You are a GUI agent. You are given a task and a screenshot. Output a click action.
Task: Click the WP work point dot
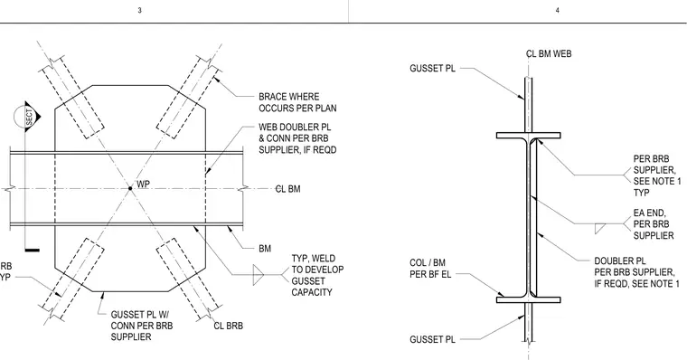[x=130, y=188]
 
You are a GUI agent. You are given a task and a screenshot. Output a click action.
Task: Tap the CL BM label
[x=287, y=189]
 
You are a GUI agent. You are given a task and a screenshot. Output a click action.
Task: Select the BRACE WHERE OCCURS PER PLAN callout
[x=297, y=102]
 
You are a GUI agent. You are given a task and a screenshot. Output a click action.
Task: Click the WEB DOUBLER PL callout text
[x=297, y=138]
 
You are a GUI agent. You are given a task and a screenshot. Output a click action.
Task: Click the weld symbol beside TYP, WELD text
[x=259, y=275]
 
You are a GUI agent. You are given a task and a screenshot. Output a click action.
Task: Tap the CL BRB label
[x=229, y=326]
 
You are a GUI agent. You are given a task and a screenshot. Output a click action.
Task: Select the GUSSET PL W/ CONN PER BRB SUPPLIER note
[x=142, y=326]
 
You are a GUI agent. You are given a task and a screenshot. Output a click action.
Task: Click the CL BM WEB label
[x=549, y=54]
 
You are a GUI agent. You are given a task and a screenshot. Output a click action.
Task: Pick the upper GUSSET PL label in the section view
[x=432, y=69]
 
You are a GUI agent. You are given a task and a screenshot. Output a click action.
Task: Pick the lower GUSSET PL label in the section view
[x=432, y=339]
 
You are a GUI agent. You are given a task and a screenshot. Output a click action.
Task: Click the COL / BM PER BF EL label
[x=430, y=269]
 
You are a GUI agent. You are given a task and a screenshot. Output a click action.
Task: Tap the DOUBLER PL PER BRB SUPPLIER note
[x=636, y=272]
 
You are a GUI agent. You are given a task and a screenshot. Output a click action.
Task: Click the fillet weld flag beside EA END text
[x=600, y=229]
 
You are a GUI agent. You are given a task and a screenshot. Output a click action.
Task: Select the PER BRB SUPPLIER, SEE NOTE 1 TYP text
[x=657, y=175]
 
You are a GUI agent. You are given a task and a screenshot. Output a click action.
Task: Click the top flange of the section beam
[x=529, y=136]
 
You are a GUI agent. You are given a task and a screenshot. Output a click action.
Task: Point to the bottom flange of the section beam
[x=529, y=300]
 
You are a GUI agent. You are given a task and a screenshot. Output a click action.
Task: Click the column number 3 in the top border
[x=140, y=10]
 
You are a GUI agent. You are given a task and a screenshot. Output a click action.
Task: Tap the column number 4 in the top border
[x=558, y=10]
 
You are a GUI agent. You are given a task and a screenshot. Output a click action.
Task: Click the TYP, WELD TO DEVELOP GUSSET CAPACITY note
[x=317, y=275]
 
